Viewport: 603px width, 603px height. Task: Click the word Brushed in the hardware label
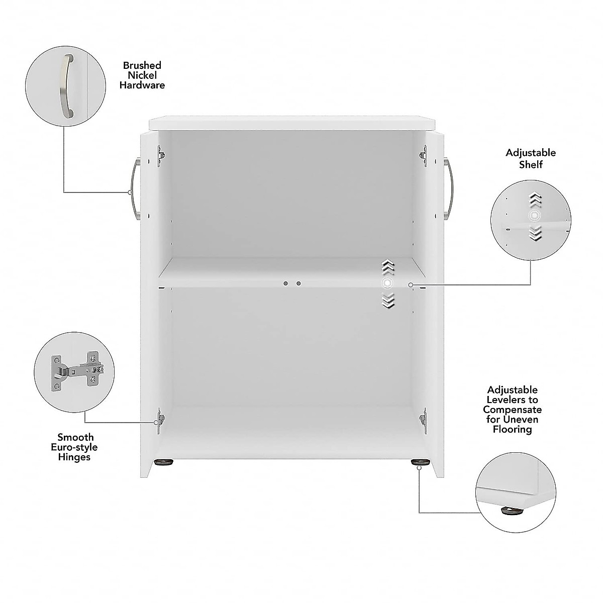[142, 65]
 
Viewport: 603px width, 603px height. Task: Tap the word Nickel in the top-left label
[142, 75]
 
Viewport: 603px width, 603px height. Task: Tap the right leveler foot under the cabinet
[417, 462]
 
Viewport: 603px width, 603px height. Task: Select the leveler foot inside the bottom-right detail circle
[511, 511]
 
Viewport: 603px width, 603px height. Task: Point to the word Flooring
[512, 429]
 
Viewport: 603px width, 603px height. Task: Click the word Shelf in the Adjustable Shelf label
[531, 164]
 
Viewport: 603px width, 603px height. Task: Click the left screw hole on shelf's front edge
[285, 283]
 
